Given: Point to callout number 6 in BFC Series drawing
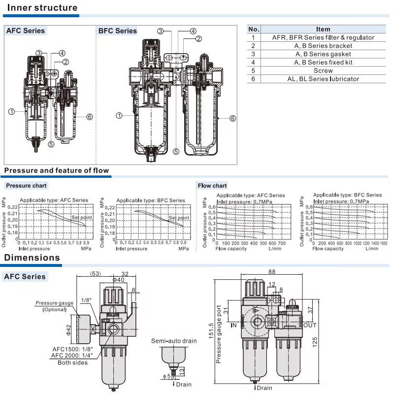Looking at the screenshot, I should [232, 118].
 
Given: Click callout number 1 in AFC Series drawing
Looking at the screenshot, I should [11, 112].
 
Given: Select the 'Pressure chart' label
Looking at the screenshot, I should [26, 186].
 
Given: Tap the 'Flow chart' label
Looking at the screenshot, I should [212, 186].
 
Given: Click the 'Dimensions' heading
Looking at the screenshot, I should [32, 258].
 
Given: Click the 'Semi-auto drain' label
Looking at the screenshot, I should [174, 341].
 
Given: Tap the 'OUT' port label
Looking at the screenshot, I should [310, 325].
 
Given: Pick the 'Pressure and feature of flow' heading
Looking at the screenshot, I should [57, 170].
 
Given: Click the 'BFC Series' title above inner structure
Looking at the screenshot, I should [118, 31].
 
